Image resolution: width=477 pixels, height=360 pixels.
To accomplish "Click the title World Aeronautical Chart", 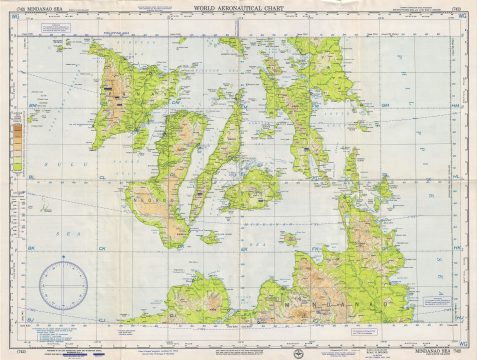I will tap(240, 9).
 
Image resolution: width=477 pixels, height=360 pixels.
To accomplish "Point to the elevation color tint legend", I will tap(17, 140).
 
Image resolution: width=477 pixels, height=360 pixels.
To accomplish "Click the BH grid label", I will tap(33, 104).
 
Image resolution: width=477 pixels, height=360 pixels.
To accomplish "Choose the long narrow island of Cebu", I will tap(222, 150).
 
